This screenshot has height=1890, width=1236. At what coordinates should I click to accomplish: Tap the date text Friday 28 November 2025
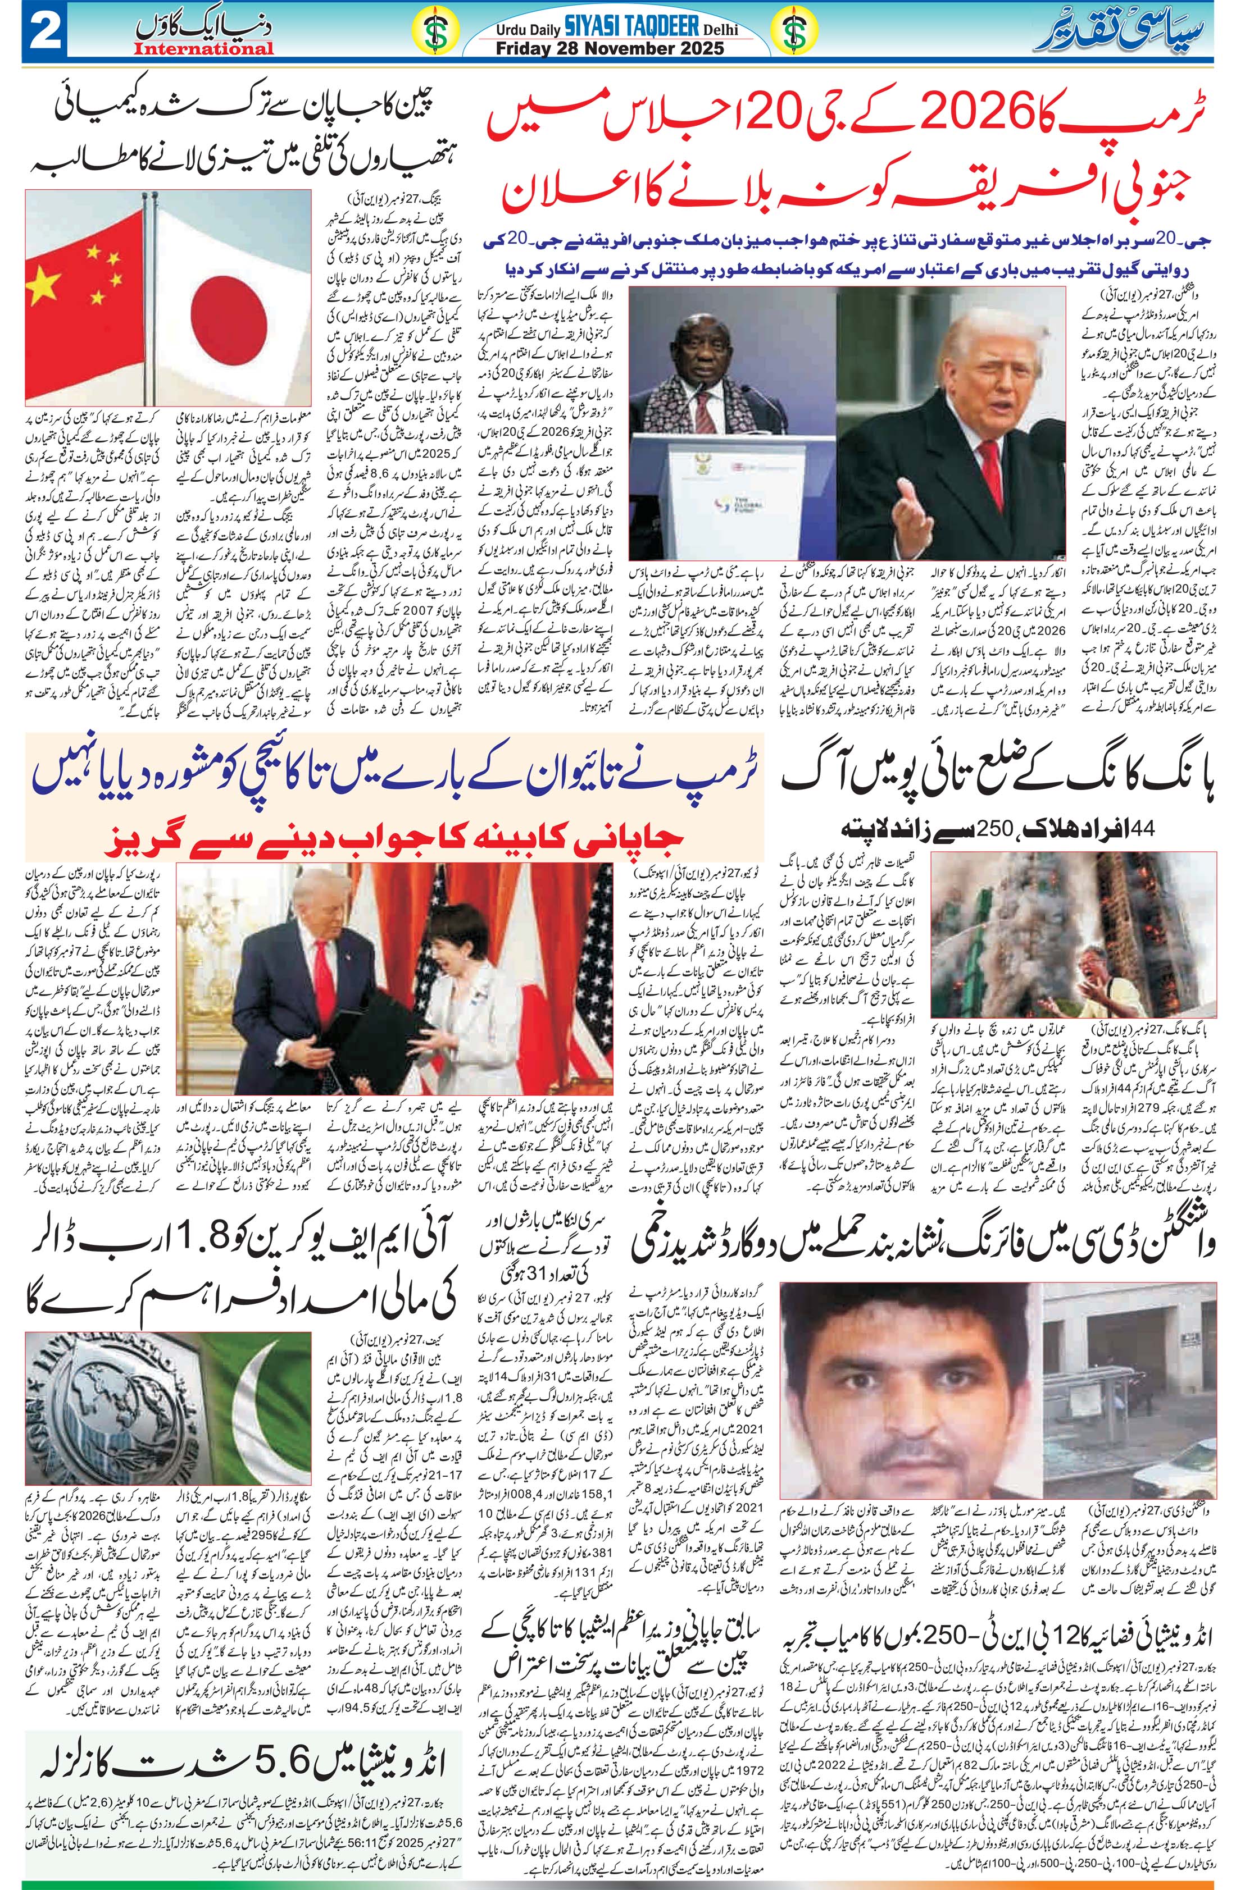609,48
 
